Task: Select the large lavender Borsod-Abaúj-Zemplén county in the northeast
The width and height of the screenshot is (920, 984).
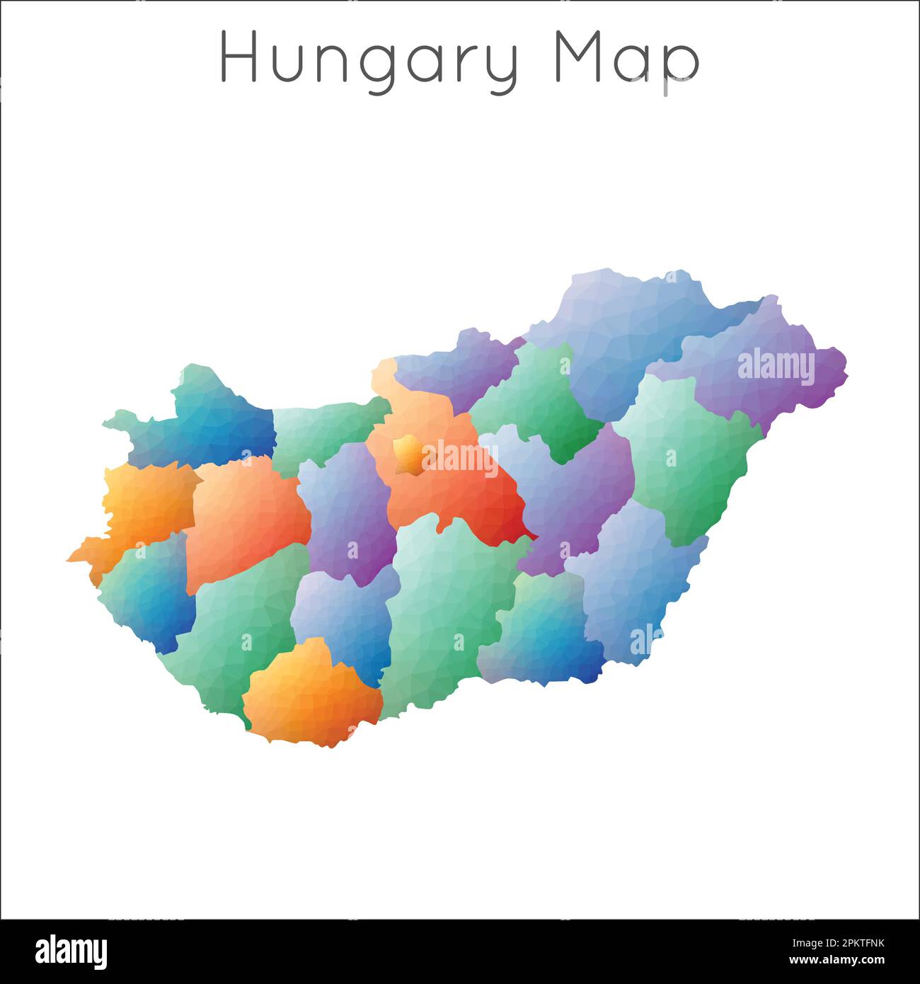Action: pyautogui.click(x=623, y=333)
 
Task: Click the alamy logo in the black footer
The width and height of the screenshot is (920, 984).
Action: pyautogui.click(x=71, y=952)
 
